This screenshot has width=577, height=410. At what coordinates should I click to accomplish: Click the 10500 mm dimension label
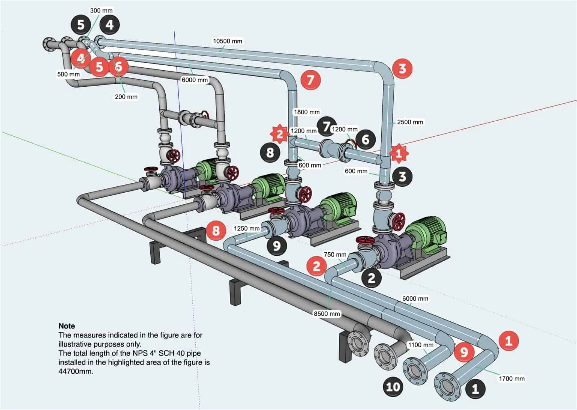(x=227, y=41)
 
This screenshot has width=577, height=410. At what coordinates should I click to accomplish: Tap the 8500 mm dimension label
(x=326, y=314)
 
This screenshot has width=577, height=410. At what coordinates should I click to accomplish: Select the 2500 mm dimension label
(x=410, y=122)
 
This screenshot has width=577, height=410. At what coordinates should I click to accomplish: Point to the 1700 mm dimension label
(x=511, y=378)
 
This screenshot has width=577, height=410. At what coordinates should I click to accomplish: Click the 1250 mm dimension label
(x=246, y=228)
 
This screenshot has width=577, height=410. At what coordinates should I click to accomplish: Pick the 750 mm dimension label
(x=335, y=255)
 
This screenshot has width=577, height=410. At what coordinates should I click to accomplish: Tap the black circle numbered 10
(x=393, y=386)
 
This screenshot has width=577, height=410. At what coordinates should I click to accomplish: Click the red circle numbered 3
(x=402, y=68)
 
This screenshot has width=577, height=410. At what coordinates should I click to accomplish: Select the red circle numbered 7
(x=310, y=80)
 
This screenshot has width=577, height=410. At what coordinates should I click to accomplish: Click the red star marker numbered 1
(x=399, y=153)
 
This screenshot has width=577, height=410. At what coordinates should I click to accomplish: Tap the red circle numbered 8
(x=216, y=230)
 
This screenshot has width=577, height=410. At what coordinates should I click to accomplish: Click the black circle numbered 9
(x=277, y=246)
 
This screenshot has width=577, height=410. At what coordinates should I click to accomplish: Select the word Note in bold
(x=67, y=326)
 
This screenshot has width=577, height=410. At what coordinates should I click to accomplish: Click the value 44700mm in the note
(x=76, y=371)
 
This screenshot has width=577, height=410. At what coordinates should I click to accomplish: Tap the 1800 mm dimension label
(x=307, y=112)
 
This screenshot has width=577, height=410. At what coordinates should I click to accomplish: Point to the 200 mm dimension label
(x=126, y=97)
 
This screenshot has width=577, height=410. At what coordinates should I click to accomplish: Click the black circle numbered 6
(x=366, y=140)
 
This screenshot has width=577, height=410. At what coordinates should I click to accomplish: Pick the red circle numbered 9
(x=464, y=352)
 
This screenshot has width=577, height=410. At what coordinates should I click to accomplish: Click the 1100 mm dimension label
(x=421, y=345)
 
